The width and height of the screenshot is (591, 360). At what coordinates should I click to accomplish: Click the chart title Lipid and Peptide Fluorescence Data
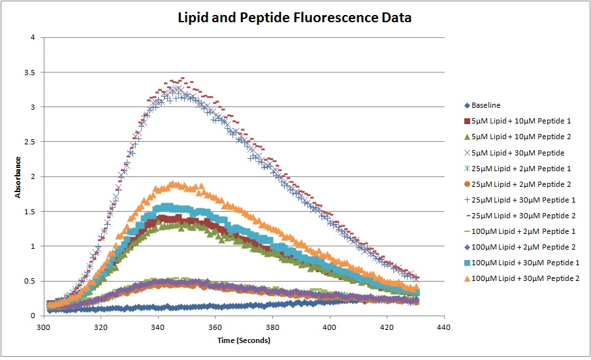tap(295, 18)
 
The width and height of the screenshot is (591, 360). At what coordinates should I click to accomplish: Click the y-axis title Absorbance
tap(19, 176)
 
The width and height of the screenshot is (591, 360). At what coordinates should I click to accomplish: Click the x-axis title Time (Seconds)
tap(244, 340)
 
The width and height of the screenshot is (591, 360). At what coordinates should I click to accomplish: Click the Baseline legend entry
tap(486, 105)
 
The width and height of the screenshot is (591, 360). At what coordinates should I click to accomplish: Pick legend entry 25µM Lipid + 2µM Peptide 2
tap(515, 184)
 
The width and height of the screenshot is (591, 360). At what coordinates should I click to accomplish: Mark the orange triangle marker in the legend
tap(466, 278)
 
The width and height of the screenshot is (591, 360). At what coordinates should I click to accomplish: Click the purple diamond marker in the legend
tap(466, 247)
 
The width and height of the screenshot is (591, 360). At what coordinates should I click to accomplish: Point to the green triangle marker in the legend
tap(466, 137)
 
